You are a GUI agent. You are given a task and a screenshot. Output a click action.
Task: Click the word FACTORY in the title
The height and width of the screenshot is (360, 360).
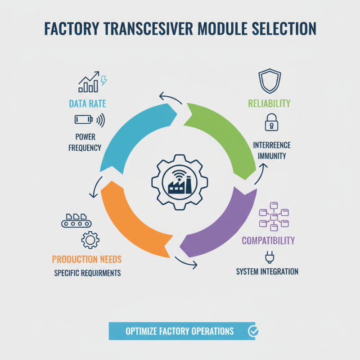pyautogui.click(x=72, y=29)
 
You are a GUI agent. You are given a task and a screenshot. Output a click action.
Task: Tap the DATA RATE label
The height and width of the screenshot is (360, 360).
pyautogui.click(x=87, y=104)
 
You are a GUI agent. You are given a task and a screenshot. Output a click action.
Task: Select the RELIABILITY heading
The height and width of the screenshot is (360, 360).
pyautogui.click(x=269, y=103)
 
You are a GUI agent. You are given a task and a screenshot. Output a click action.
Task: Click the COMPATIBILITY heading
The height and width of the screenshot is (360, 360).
pyautogui.click(x=268, y=241)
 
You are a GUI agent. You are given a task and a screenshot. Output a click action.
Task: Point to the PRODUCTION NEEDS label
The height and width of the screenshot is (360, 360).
pyautogui.click(x=87, y=259)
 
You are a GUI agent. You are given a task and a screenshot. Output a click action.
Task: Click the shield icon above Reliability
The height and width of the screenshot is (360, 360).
pyautogui.click(x=270, y=81)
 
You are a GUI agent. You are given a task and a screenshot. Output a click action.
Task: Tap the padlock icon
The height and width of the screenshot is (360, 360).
pyautogui.click(x=272, y=122)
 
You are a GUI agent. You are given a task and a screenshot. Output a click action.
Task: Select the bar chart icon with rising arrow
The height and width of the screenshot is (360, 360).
pyautogui.click(x=89, y=82)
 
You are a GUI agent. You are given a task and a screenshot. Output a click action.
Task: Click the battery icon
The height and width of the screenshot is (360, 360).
pyautogui.click(x=84, y=119)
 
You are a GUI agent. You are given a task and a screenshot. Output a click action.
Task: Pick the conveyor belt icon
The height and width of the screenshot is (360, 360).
pyautogui.click(x=76, y=220)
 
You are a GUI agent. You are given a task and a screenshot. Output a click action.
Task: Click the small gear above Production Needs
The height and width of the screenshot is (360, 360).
pyautogui.click(x=90, y=240)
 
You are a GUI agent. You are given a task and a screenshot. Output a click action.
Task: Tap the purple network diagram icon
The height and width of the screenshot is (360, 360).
pyautogui.click(x=274, y=216)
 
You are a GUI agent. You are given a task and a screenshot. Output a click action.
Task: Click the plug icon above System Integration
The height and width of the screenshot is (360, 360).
pyautogui.click(x=270, y=257)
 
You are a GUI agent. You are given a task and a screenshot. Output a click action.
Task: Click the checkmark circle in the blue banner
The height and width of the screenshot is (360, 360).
pyautogui.click(x=253, y=331)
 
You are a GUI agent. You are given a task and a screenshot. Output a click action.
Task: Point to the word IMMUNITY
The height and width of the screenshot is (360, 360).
pyautogui.click(x=272, y=156)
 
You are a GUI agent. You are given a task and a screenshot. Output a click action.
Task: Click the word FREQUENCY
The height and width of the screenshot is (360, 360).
pyautogui.click(x=85, y=148)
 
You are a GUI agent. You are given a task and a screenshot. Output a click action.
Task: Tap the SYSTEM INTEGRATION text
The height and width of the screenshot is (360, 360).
pyautogui.click(x=267, y=272)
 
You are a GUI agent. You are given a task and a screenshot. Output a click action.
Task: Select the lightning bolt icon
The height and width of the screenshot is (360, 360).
pyautogui.click(x=104, y=81)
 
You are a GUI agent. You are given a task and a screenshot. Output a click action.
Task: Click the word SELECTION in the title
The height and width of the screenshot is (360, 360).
pyautogui.click(x=284, y=29)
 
